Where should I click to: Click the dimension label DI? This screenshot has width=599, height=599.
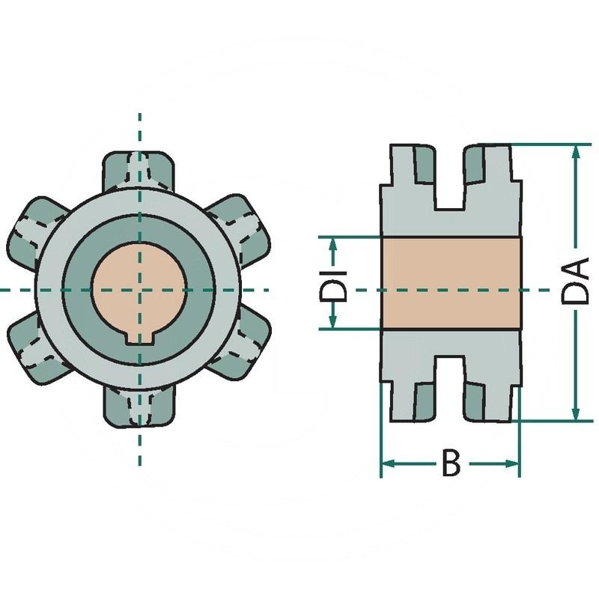[x=333, y=286]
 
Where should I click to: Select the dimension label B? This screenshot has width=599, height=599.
[x=451, y=463]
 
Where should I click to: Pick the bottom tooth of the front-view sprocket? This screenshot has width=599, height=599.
[x=139, y=408]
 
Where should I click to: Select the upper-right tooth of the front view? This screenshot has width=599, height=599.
[x=241, y=228]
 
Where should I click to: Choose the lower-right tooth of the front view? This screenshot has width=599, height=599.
[x=240, y=347]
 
